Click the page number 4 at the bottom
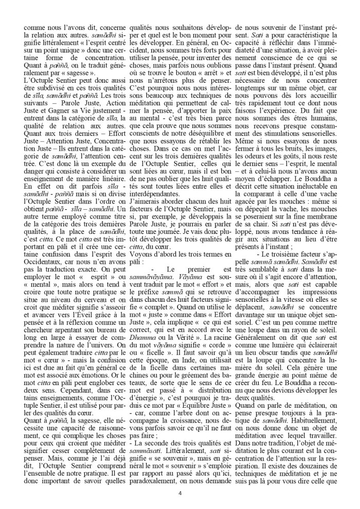(x=180, y=494)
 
